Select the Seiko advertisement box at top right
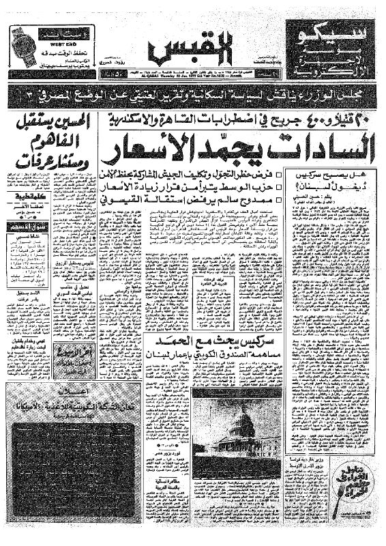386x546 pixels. pyautogui.click(x=327, y=46)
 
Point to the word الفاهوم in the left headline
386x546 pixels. pyautogui.click(x=55, y=141)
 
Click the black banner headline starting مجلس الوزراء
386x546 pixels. pyautogui.click(x=193, y=94)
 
